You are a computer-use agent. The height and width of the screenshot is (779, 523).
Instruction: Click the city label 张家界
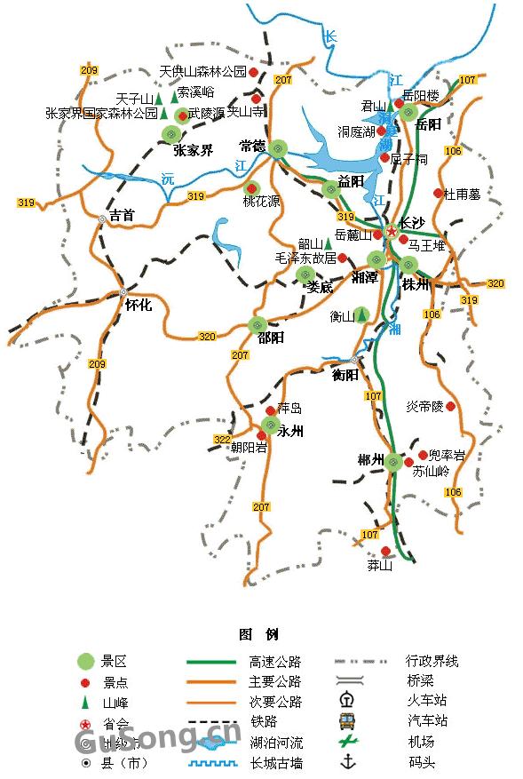(x=193, y=150)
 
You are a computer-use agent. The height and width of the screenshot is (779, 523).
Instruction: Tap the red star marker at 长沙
(x=392, y=231)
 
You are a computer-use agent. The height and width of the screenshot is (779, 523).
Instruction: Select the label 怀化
(x=139, y=305)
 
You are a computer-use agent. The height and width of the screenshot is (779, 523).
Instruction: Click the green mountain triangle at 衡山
(x=362, y=315)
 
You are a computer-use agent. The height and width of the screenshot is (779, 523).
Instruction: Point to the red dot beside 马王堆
(x=403, y=239)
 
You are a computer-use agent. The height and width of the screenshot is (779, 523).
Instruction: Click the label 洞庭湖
(x=355, y=131)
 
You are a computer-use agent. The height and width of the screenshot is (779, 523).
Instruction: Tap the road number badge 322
(x=222, y=440)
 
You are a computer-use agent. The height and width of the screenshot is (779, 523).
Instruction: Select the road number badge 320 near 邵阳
(x=207, y=336)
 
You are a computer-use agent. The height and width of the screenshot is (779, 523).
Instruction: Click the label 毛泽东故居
(x=306, y=258)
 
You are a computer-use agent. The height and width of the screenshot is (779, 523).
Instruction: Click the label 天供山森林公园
(x=202, y=71)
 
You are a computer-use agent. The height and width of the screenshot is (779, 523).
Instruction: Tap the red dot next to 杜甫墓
(x=438, y=193)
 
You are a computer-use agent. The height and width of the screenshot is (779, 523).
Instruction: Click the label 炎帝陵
(x=424, y=406)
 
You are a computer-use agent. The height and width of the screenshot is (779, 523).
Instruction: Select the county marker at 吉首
(x=103, y=218)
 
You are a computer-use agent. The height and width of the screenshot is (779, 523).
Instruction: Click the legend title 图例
(x=258, y=634)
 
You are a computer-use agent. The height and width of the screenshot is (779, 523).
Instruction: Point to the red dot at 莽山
(x=385, y=551)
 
